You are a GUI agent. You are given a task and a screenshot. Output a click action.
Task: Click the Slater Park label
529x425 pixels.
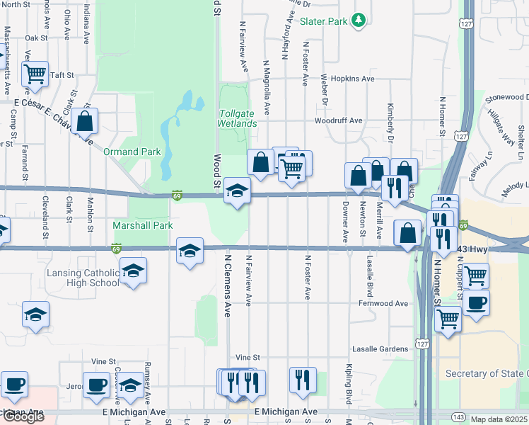pos(323,21)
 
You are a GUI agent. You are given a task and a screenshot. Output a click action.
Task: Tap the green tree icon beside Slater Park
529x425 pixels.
pos(359,20)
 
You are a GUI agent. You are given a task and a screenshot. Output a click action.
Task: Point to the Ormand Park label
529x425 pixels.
pos(132,152)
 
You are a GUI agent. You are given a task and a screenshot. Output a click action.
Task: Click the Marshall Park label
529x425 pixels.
pos(143,225)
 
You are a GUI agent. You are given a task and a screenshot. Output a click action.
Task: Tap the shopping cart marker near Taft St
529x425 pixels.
pos(34,74)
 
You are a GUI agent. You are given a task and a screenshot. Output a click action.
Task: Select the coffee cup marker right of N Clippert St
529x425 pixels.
pos(477,303)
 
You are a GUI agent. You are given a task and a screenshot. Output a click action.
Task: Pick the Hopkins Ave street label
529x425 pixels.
pos(351,79)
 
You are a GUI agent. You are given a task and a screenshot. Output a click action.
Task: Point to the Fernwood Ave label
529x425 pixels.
pos(383,303)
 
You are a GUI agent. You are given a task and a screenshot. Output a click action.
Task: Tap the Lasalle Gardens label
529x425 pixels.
pos(383,349)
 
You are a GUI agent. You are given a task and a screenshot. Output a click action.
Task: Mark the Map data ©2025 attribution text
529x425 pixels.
pos(499,419)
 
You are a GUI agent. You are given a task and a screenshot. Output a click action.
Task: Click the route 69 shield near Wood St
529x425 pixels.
pos(178,195)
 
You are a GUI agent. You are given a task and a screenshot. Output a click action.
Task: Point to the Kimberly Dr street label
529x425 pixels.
pos(390,116)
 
